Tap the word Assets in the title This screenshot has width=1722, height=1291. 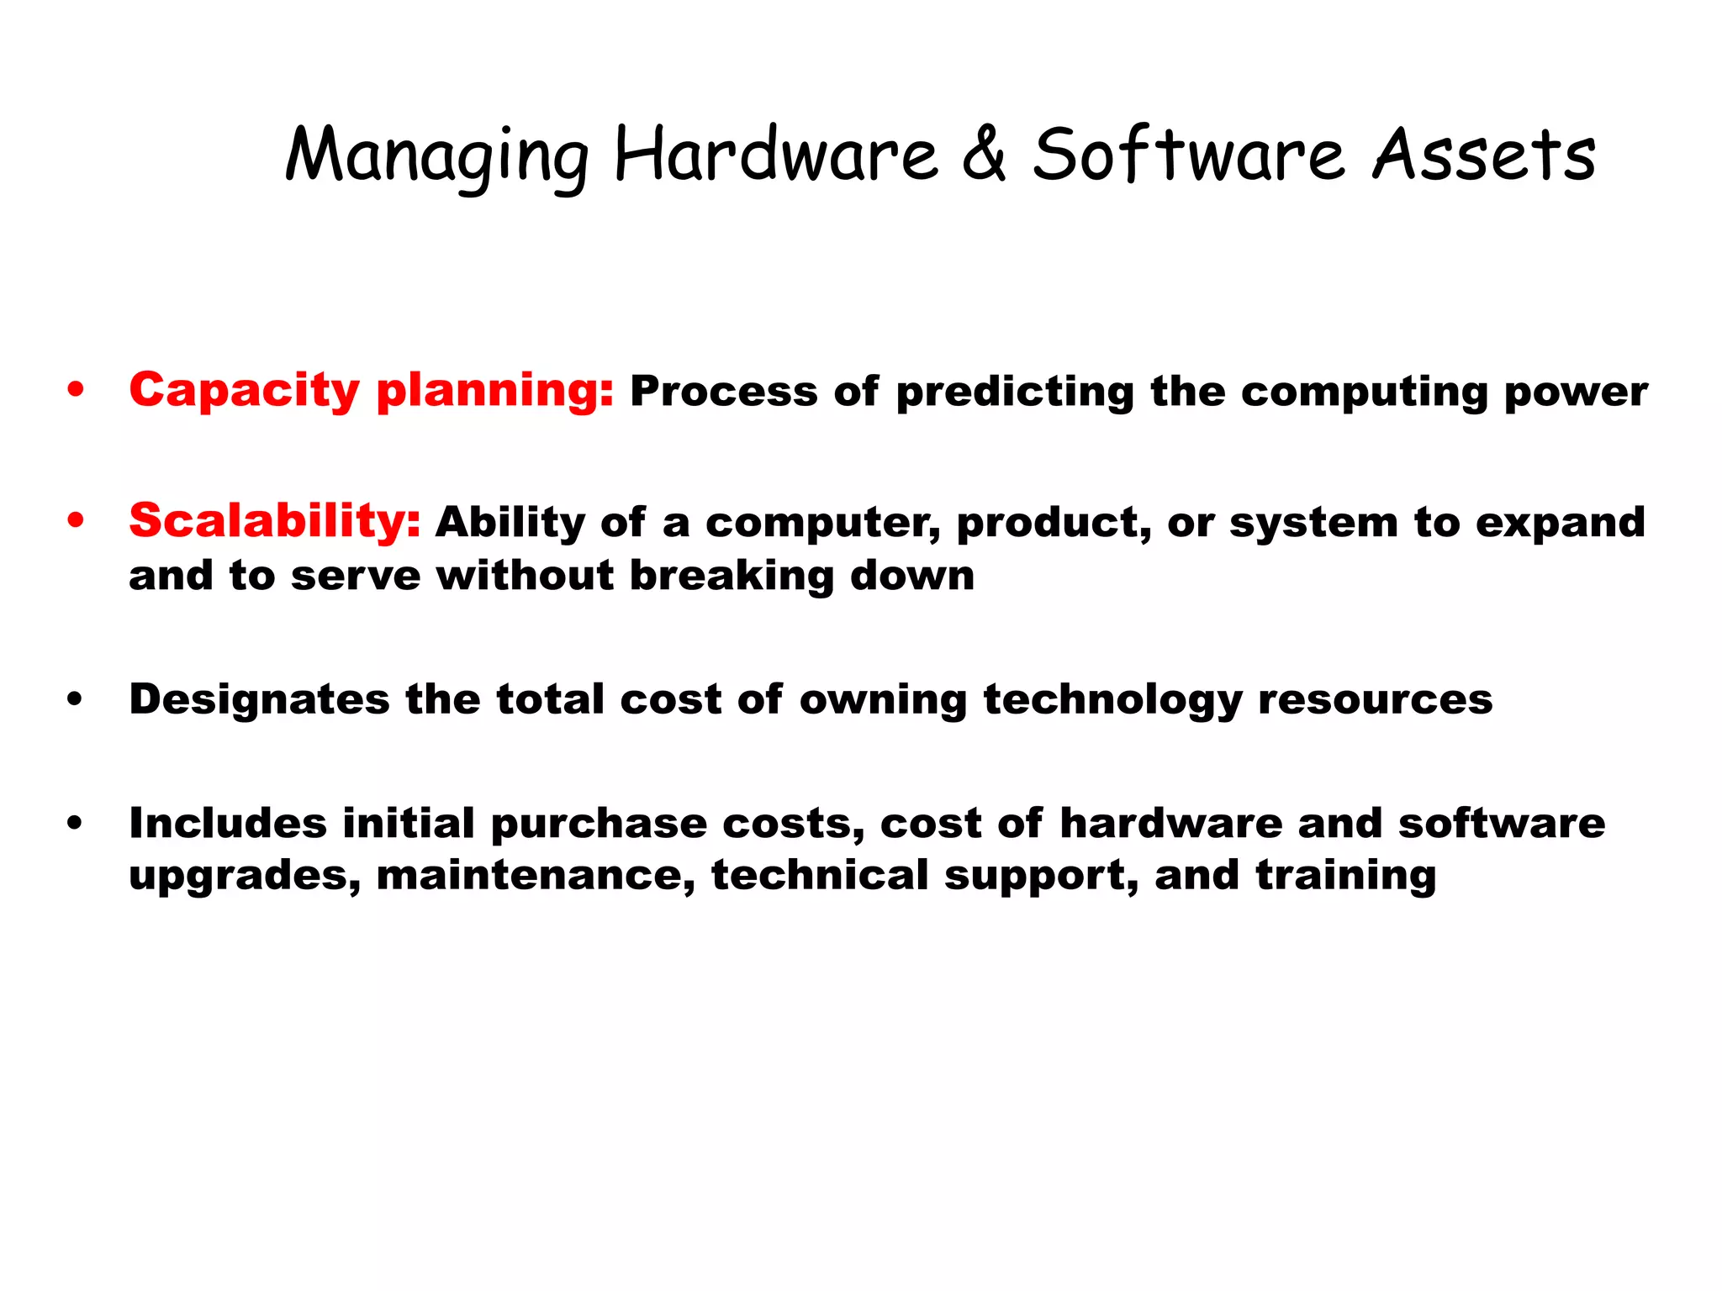(x=1483, y=155)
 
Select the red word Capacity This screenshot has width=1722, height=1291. (x=244, y=392)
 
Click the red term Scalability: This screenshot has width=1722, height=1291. (x=274, y=521)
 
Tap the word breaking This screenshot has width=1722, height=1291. (x=732, y=577)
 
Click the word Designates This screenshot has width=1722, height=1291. (x=259, y=700)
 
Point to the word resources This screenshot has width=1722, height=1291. (x=1375, y=699)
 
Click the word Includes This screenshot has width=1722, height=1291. (x=227, y=823)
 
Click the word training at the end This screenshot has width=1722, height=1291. (x=1346, y=877)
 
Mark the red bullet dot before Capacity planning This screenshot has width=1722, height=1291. (x=77, y=390)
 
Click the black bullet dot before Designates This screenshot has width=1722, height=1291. (x=76, y=699)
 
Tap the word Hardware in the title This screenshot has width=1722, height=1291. (x=775, y=155)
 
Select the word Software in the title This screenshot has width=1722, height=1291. (x=1188, y=155)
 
